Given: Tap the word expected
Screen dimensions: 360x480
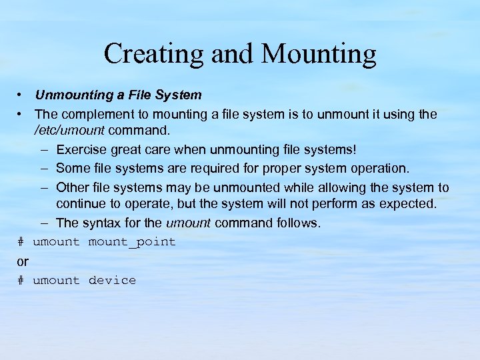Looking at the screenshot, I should tap(407, 203).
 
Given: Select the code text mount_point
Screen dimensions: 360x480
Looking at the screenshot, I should tap(132, 241).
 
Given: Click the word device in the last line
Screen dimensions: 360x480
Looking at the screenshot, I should tap(112, 280).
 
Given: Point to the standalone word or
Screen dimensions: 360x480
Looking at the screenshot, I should tap(23, 261).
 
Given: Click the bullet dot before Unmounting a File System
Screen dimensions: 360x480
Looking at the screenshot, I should tap(22, 95).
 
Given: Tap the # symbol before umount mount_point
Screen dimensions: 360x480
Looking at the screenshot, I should tap(21, 241).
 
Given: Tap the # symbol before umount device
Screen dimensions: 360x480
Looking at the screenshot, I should tap(21, 280).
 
